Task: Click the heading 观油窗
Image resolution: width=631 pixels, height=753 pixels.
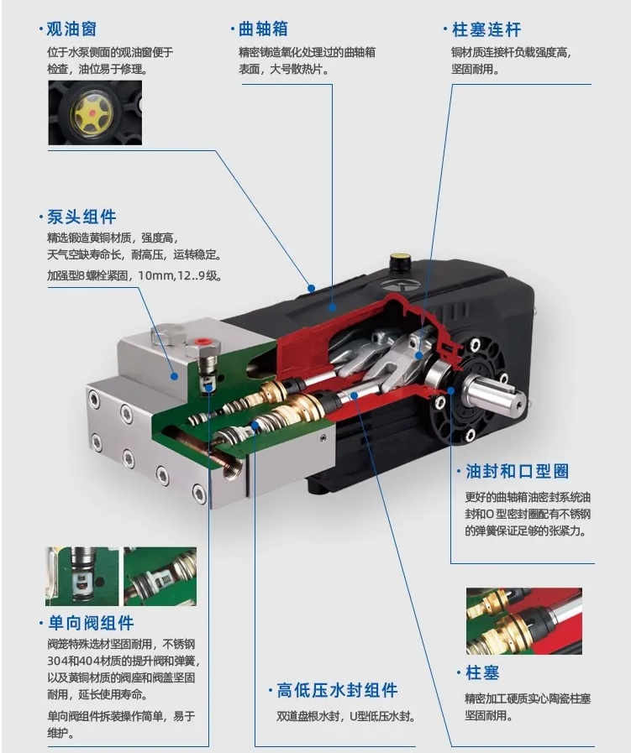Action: [x=71, y=30]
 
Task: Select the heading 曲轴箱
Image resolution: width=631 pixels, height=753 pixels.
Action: [x=263, y=30]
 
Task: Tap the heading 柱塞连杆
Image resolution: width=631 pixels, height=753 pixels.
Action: [x=486, y=30]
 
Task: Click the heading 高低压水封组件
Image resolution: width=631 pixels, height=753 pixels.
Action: [x=337, y=691]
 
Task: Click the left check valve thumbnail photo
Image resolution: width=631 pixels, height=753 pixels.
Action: [x=82, y=577]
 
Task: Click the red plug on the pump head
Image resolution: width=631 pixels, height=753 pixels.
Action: [x=200, y=343]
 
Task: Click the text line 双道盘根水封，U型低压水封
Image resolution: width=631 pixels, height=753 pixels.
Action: [x=347, y=717]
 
